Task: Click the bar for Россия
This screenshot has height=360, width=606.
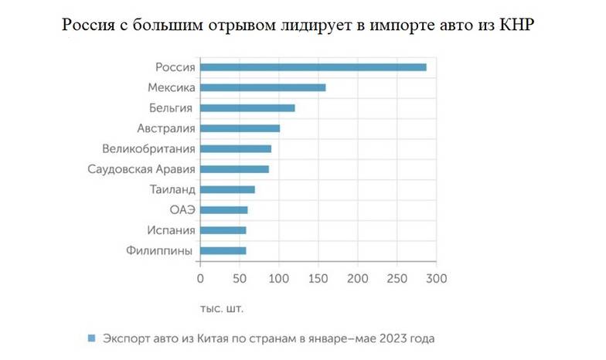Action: (313, 67)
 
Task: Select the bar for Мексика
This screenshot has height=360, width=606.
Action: (263, 87)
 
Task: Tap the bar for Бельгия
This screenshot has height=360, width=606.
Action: (247, 108)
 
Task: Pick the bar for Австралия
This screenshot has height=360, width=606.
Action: (240, 128)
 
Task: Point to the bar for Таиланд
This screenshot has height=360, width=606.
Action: (227, 189)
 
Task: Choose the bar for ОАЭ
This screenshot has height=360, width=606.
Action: (223, 210)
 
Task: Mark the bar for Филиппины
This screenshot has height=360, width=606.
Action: (223, 250)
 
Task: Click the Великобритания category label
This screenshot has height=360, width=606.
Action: (148, 148)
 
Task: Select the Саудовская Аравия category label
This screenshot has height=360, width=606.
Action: (142, 169)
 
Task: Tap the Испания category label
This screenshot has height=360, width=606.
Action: (169, 230)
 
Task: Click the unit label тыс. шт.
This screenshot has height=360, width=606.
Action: (222, 309)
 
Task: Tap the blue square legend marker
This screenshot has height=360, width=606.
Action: (91, 338)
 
